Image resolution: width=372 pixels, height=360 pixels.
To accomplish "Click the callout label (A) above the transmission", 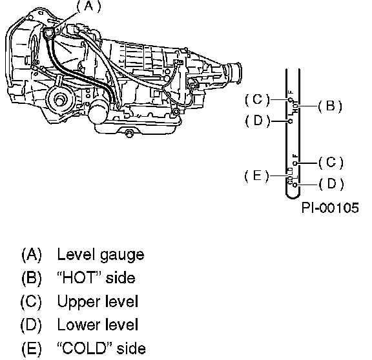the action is (88, 6).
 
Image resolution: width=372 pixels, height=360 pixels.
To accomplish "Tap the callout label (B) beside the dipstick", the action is (330, 106).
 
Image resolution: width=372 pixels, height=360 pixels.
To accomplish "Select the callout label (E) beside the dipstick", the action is (256, 176).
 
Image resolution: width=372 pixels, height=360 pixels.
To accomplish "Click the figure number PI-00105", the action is (330, 208).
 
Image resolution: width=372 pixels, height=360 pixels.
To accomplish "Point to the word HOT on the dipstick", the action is (295, 107).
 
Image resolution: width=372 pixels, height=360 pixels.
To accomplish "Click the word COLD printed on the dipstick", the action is (291, 176).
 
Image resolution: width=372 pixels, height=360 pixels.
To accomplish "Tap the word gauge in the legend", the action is (122, 255).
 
